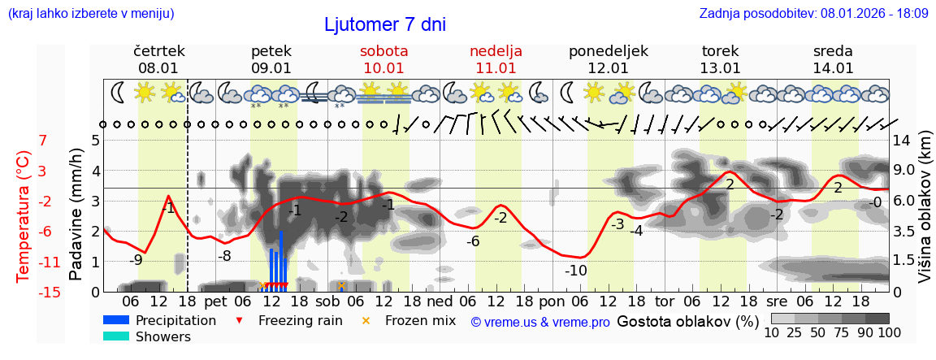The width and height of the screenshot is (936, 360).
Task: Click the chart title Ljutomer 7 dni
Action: [x=384, y=24]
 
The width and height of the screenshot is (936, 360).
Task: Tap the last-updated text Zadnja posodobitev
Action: [x=813, y=14]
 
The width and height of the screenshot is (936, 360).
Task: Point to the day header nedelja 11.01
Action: [x=496, y=59]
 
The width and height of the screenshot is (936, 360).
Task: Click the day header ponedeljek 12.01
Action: [x=608, y=59]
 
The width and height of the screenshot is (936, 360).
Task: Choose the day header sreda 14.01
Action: [x=833, y=59]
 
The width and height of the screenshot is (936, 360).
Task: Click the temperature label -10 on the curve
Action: [x=575, y=271]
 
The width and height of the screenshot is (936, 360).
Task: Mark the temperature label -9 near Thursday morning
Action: [x=136, y=260]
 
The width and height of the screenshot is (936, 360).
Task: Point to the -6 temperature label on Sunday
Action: [x=472, y=241]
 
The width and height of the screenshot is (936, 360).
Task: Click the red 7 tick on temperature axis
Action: [x=42, y=141]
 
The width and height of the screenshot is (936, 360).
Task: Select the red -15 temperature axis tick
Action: [x=49, y=293]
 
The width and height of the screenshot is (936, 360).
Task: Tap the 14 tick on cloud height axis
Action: [x=902, y=141]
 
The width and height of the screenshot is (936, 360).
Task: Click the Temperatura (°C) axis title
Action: [x=24, y=216]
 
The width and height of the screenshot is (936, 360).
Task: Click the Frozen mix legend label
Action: [x=420, y=320]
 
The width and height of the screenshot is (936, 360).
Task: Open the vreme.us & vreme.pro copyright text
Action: [x=540, y=322]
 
